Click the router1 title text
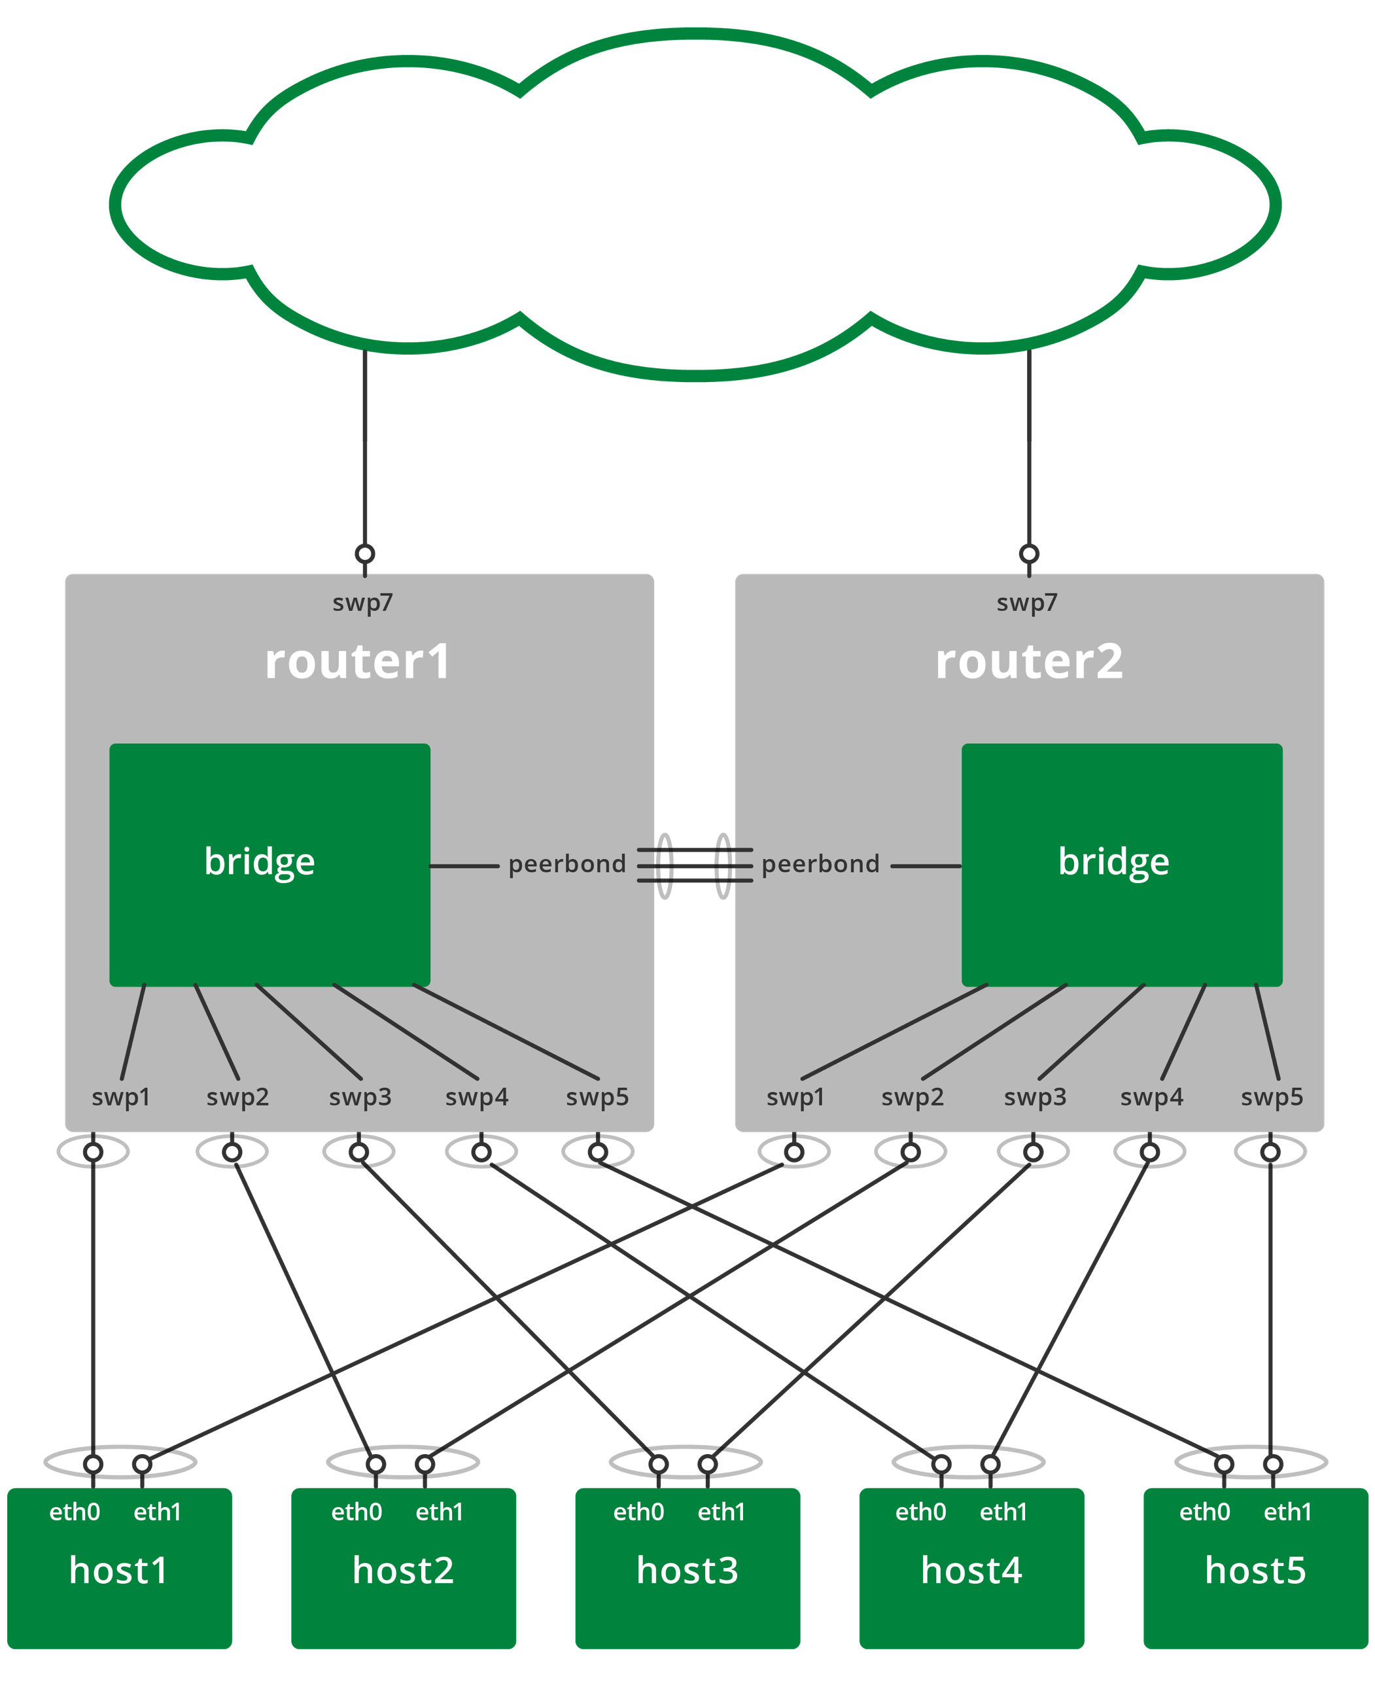tap(358, 662)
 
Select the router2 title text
tap(1029, 662)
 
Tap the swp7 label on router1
tap(363, 602)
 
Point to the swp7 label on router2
tap(1026, 602)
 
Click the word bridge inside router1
tap(260, 862)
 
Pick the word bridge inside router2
tap(1113, 862)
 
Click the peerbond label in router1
tap(567, 864)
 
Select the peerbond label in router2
tap(820, 864)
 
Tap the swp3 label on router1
tap(360, 1097)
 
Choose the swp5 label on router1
tap(597, 1097)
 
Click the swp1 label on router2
tap(795, 1097)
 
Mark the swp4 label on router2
tap(1152, 1097)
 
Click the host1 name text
tap(119, 1571)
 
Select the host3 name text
tap(687, 1571)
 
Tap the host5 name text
tap(1255, 1571)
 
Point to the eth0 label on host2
tap(357, 1512)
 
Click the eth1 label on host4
tap(1003, 1512)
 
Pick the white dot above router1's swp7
tap(365, 553)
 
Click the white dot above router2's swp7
tap(1029, 553)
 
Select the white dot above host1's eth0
tap(94, 1465)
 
